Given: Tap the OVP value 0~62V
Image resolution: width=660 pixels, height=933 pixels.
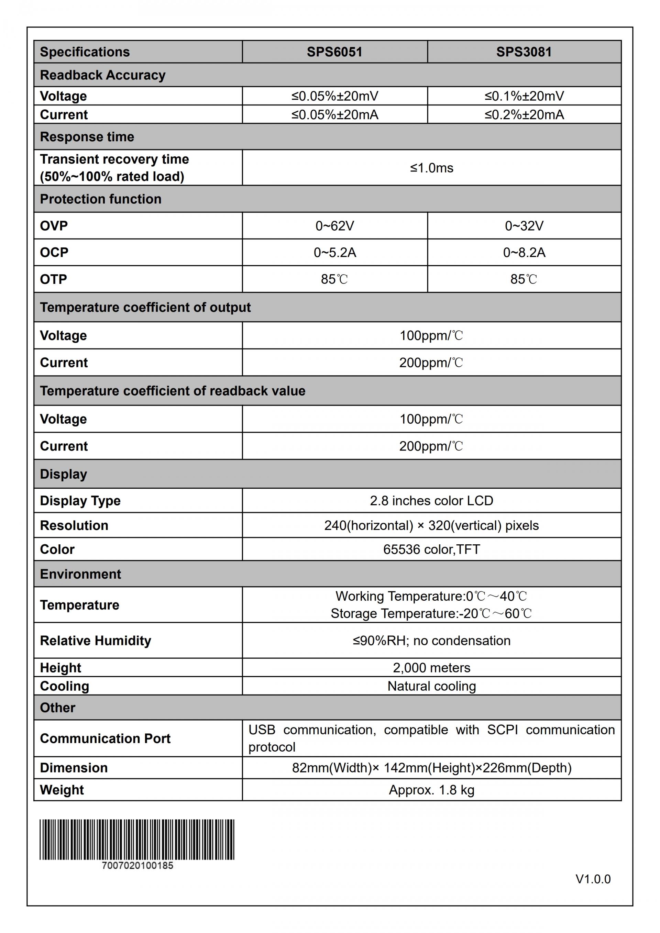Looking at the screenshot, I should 334,225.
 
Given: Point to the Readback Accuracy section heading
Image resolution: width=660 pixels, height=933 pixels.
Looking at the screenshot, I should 103,75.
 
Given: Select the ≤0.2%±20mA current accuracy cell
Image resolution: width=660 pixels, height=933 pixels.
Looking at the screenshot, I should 524,114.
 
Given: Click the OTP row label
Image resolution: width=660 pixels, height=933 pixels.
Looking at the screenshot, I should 53,279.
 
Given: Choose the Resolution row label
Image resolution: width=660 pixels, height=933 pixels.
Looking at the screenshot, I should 74,525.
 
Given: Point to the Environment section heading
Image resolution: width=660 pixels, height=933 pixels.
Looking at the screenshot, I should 80,574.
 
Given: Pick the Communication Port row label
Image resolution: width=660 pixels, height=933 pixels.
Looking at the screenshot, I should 105,738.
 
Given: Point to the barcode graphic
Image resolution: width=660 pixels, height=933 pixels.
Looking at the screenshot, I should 136,840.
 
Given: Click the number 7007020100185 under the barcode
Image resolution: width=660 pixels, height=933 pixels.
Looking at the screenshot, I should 137,866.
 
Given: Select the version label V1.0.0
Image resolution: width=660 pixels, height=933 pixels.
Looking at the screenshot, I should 593,879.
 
